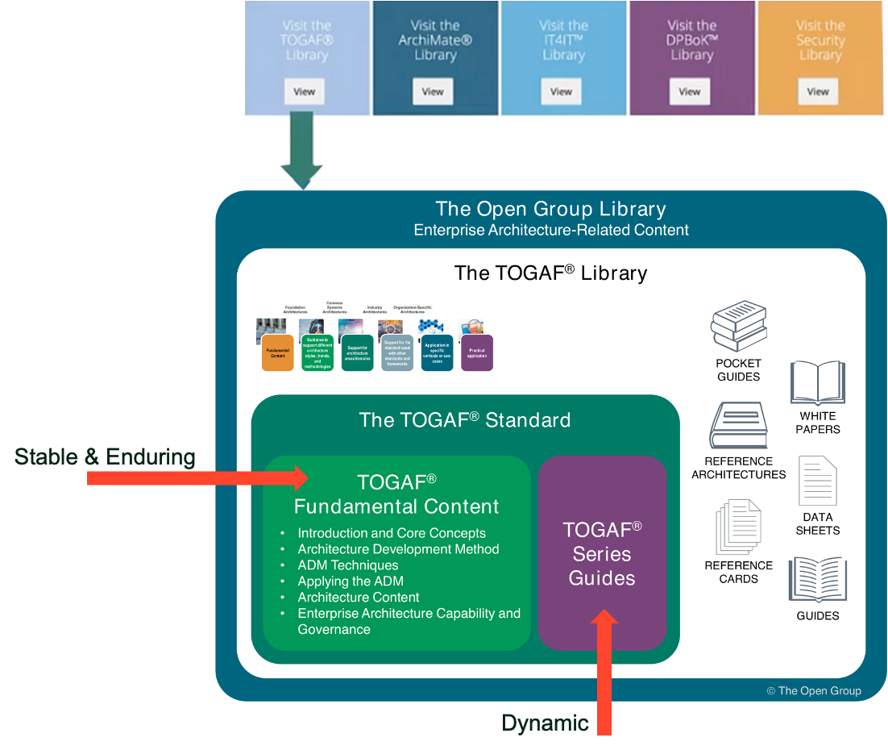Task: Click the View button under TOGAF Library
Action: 305,91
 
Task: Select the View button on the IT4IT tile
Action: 561,91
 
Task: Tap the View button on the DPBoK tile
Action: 689,91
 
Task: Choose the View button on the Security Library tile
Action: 818,91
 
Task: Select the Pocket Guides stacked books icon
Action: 738,327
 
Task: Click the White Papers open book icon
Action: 817,382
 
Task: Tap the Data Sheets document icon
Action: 817,481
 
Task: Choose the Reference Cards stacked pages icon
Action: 738,527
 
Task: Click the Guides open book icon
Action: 817,580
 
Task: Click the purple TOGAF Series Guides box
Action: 602,553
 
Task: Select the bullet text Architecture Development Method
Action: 398,549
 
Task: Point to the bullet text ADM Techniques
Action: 348,565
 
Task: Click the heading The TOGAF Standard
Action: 465,420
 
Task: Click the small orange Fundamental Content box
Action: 277,353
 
